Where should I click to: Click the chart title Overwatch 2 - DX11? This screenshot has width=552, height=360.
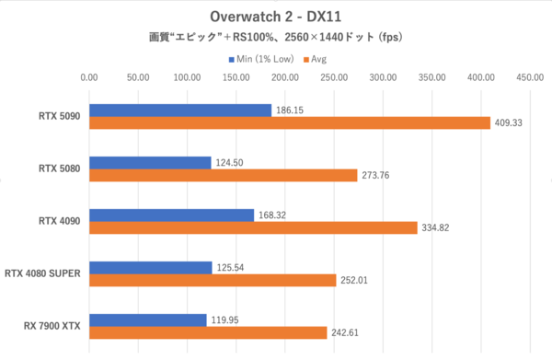click(275, 17)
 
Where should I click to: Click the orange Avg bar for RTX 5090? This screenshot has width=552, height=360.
click(290, 122)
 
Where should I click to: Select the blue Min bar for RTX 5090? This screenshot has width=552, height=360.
click(180, 110)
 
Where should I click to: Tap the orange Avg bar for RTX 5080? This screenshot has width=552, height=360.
click(224, 175)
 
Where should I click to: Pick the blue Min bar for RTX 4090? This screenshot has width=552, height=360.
click(171, 215)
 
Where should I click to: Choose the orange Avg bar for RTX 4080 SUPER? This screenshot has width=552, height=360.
click(213, 280)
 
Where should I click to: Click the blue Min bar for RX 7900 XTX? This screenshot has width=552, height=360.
click(147, 319)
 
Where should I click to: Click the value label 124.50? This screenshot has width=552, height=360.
click(229, 162)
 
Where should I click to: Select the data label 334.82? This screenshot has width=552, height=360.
click(436, 227)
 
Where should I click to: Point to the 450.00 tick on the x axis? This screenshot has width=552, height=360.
click(530, 78)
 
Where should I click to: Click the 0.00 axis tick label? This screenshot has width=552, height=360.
click(89, 78)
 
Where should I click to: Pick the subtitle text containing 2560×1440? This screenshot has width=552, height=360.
click(275, 39)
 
